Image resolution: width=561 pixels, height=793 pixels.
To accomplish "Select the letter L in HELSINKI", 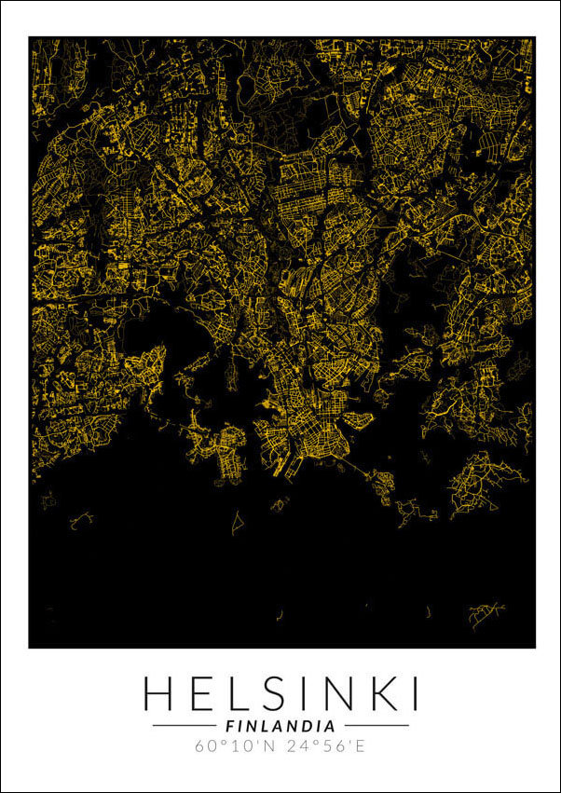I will [x=238, y=694].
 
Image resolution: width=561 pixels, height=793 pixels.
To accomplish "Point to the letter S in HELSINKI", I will [x=272, y=694].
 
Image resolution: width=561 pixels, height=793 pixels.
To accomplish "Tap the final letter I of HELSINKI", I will [x=412, y=694].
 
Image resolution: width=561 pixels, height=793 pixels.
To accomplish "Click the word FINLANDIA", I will [x=280, y=725].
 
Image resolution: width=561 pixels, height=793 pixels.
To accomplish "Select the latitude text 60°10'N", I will [x=236, y=745].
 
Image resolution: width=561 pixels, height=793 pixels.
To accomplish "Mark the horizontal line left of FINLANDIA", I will [x=184, y=725].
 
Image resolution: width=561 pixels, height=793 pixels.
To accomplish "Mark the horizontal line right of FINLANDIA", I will [x=376, y=725].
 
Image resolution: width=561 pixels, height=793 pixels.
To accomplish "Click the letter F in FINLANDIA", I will [x=230, y=725].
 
